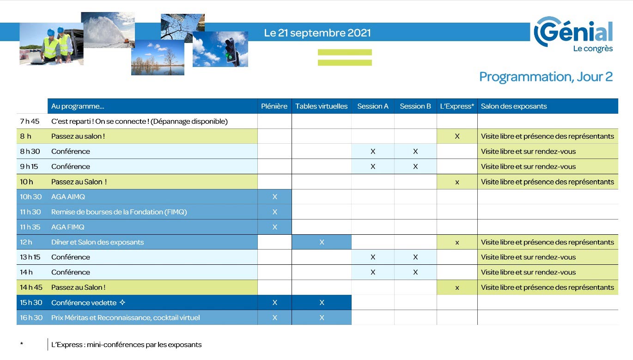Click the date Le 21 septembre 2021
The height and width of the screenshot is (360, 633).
tap(317, 33)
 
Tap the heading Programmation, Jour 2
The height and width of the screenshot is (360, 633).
tap(546, 77)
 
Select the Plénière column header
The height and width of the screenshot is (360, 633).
tap(274, 106)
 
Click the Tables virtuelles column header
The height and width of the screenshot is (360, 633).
tap(321, 106)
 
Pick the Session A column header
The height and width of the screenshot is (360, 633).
tap(373, 106)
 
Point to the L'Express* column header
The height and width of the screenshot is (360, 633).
tap(457, 106)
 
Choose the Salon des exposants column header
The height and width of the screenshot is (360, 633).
tap(514, 106)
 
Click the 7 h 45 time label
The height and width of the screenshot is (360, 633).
tap(30, 121)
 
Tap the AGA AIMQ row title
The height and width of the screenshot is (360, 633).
tap(68, 197)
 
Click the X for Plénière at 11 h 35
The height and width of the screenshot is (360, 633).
tap(274, 227)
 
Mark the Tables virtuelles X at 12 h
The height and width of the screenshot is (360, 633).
tap(322, 242)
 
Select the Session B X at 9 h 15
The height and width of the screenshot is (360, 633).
tap(415, 166)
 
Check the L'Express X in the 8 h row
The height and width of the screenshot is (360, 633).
tap(457, 136)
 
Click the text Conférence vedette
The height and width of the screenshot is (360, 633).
tap(84, 303)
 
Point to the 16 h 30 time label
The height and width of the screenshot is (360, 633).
tap(31, 317)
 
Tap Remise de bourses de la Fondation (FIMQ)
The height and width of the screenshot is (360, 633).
tap(119, 212)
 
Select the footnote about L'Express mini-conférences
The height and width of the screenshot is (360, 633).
tap(126, 345)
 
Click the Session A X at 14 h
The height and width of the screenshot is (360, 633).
tap(373, 272)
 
